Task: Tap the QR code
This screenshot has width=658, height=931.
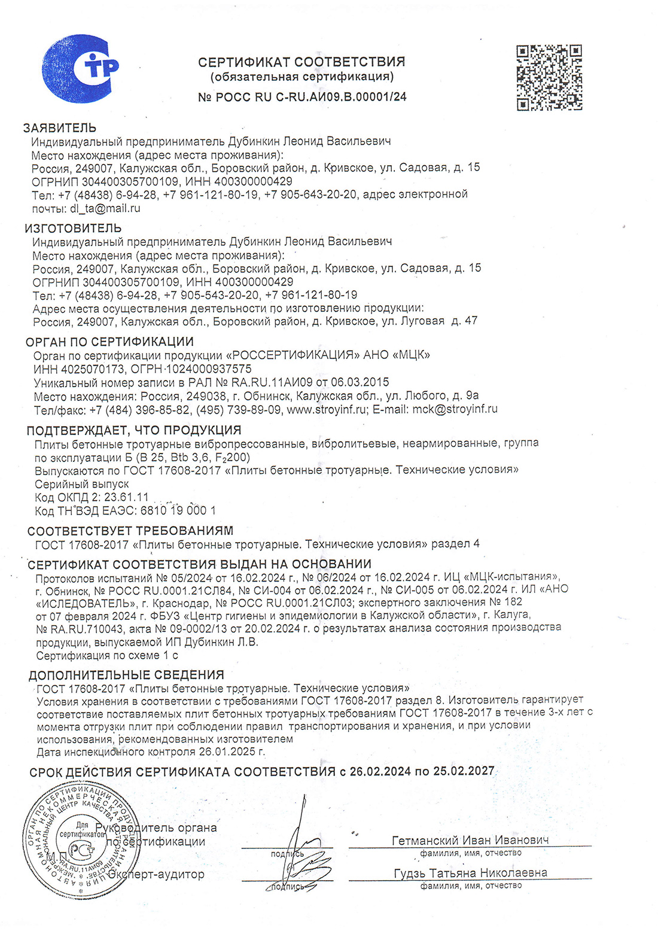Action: point(549,77)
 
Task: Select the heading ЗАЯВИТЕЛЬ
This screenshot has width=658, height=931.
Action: point(60,127)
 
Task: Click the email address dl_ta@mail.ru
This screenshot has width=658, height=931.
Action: point(105,209)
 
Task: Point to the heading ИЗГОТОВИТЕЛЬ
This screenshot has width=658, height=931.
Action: point(73,228)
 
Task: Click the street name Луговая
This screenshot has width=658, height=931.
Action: point(421,321)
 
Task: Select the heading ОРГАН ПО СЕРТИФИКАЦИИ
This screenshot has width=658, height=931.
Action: point(109,342)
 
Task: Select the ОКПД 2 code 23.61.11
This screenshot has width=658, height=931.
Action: point(127,497)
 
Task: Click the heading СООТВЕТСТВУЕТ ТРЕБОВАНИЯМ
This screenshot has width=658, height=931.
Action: point(130,531)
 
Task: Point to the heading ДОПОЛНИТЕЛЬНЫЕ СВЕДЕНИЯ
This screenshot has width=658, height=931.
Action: point(126,675)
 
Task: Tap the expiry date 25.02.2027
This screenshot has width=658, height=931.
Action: point(464,771)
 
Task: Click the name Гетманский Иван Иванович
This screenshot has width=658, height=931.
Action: point(470,840)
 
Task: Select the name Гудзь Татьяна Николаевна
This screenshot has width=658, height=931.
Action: point(470,873)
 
